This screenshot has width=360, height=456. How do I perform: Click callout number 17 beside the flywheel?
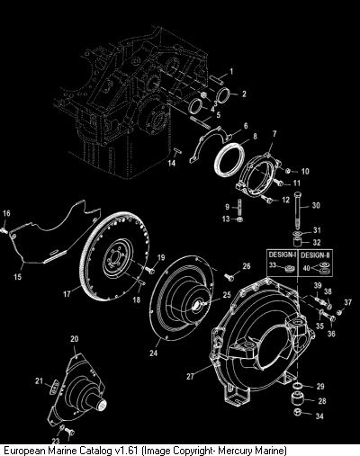pos(67,294)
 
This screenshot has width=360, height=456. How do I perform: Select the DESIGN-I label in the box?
pos(283,255)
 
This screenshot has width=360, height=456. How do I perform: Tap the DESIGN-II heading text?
pos(315,255)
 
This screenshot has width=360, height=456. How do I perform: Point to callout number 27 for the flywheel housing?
pos(191,376)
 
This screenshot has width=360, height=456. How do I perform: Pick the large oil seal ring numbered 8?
pos(229,158)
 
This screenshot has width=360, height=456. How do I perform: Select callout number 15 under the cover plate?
pos(18,276)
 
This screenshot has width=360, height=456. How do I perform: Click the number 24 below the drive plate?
pos(153,353)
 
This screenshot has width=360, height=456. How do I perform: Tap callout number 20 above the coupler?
pos(75,339)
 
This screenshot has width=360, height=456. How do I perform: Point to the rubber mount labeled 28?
pos(299,400)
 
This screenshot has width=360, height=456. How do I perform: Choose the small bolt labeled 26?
pos(229,276)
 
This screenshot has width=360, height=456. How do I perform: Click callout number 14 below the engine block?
pos(172,164)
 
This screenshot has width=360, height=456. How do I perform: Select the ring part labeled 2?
pos(224,95)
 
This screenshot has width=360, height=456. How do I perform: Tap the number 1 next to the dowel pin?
pos(231,71)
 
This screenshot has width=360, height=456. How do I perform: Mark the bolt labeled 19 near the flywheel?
pos(150,270)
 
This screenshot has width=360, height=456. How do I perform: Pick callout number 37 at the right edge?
pos(347,302)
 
